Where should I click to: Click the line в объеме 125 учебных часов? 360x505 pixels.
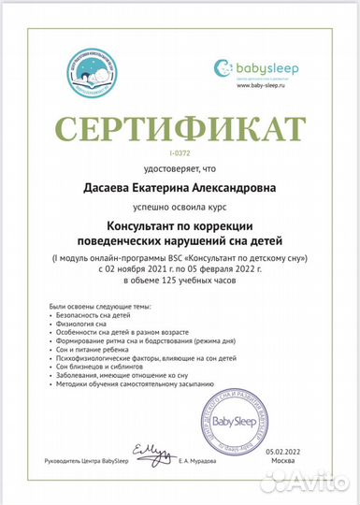(180, 280)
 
